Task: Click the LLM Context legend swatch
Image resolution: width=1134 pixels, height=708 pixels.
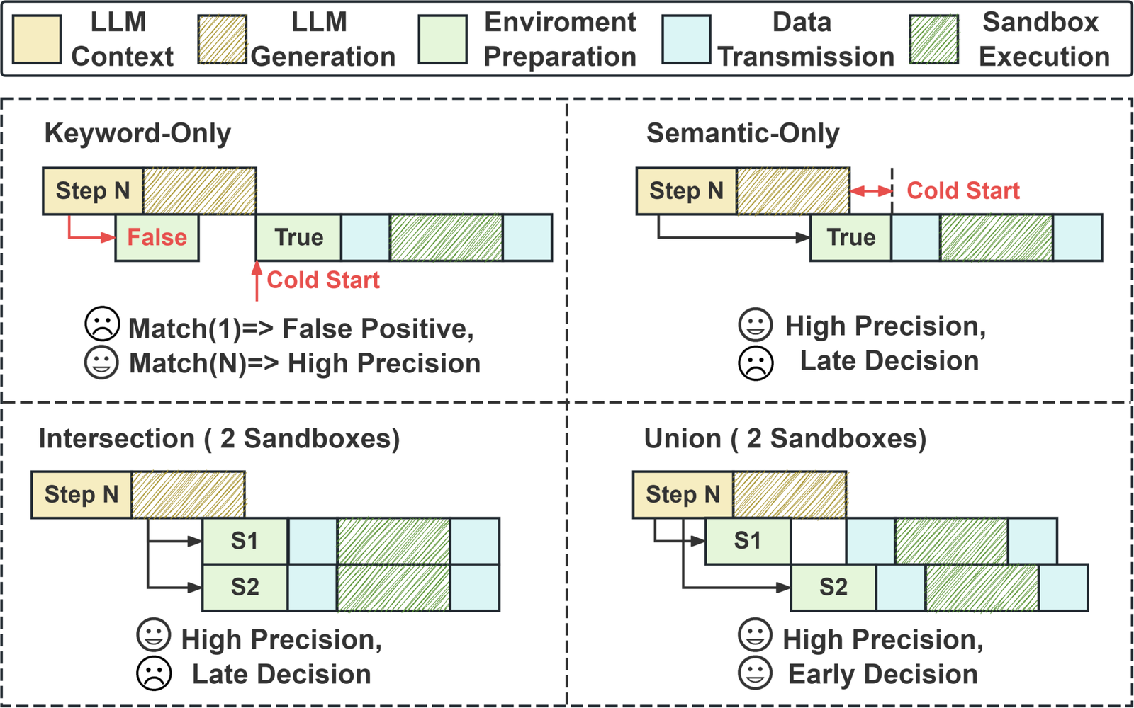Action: pyautogui.click(x=37, y=40)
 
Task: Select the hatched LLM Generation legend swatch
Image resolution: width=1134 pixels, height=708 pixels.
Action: pyautogui.click(x=223, y=40)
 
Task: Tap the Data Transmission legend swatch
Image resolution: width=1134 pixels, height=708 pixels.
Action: pyautogui.click(x=687, y=40)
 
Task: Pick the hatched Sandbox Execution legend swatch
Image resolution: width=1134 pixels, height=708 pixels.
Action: pyautogui.click(x=934, y=40)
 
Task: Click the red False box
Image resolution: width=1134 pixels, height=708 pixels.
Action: pyautogui.click(x=157, y=238)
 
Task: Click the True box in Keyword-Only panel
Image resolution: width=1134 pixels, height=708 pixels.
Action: pyautogui.click(x=298, y=238)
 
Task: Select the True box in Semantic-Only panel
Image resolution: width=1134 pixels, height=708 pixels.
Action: pyautogui.click(x=850, y=238)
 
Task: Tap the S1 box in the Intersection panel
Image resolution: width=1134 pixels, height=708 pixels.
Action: pyautogui.click(x=245, y=541)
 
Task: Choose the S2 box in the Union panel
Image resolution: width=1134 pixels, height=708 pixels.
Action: pyautogui.click(x=833, y=588)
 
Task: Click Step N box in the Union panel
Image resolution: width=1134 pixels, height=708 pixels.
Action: pyautogui.click(x=683, y=495)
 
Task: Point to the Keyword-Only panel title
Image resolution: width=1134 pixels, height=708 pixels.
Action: pyautogui.click(x=137, y=134)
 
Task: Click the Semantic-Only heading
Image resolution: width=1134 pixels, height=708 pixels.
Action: pyautogui.click(x=743, y=134)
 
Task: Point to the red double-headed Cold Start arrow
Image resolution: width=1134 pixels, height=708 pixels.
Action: pyautogui.click(x=871, y=191)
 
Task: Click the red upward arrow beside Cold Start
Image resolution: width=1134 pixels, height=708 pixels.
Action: pyautogui.click(x=257, y=280)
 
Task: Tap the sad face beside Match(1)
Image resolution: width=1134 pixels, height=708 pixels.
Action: pyautogui.click(x=102, y=324)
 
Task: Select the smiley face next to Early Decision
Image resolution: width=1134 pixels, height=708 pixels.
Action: pyautogui.click(x=756, y=673)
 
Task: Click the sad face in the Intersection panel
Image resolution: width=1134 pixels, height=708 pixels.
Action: pyautogui.click(x=154, y=673)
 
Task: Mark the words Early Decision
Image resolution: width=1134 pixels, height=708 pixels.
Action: pyautogui.click(x=883, y=674)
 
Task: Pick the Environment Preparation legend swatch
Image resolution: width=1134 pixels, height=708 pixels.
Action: pyautogui.click(x=442, y=40)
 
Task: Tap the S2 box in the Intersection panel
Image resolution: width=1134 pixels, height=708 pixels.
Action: pyautogui.click(x=245, y=588)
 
